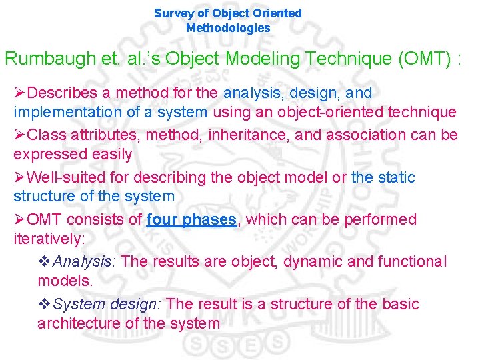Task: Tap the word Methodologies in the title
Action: click(x=228, y=28)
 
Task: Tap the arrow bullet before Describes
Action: click(x=20, y=93)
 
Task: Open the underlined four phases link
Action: click(x=191, y=219)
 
